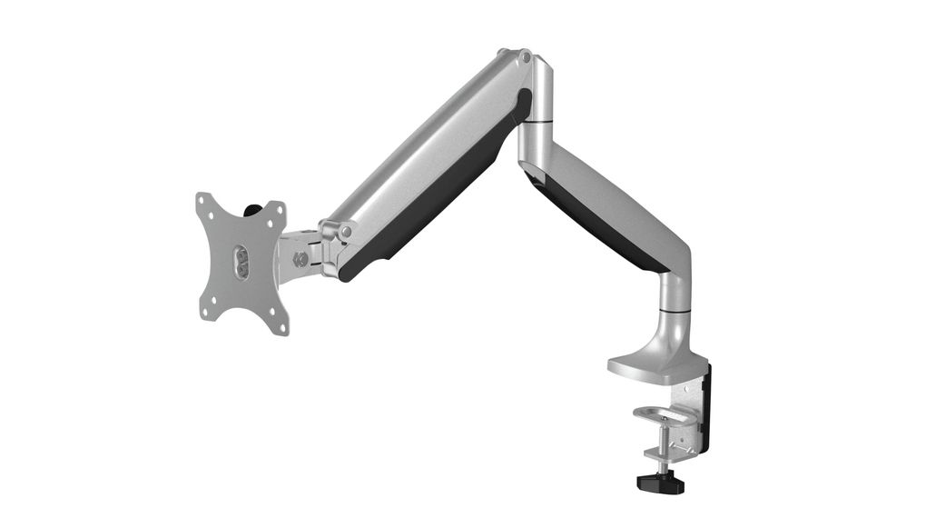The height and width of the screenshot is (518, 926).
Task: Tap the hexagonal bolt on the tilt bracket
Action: [300, 259]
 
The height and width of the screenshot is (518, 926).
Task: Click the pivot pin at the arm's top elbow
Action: [525, 57]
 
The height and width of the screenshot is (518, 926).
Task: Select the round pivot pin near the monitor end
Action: [345, 231]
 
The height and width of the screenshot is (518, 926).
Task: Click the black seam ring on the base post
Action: [674, 312]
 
